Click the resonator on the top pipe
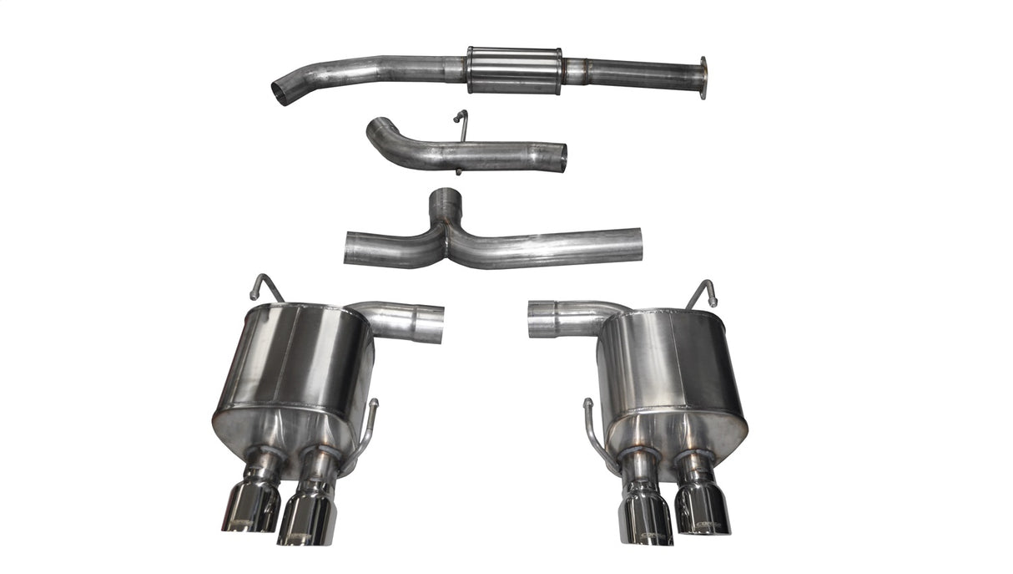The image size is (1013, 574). [x=514, y=69]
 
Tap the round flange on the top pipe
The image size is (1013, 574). [x=703, y=78]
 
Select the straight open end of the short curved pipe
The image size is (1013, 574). [x=562, y=157]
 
